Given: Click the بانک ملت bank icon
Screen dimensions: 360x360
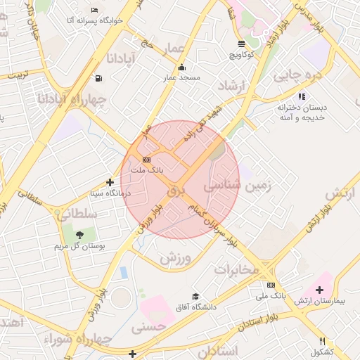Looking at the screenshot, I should coord(146,160).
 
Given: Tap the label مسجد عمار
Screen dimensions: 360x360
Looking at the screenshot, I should coord(182,79).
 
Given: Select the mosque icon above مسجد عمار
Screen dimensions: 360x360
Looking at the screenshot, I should coord(182,68).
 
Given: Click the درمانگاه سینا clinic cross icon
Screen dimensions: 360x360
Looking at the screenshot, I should coord(109,182).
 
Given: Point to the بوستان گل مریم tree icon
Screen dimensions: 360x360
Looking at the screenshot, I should coord(79,235).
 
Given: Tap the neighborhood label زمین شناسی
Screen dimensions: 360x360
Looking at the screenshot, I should coord(232,186).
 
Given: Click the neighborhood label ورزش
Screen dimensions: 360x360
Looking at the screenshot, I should coord(175,258).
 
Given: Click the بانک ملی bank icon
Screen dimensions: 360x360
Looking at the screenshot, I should coord(271,285).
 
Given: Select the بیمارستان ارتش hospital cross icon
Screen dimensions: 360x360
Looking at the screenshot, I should coord(320,289).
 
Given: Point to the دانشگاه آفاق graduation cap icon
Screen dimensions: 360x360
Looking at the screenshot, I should coord(195,296).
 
